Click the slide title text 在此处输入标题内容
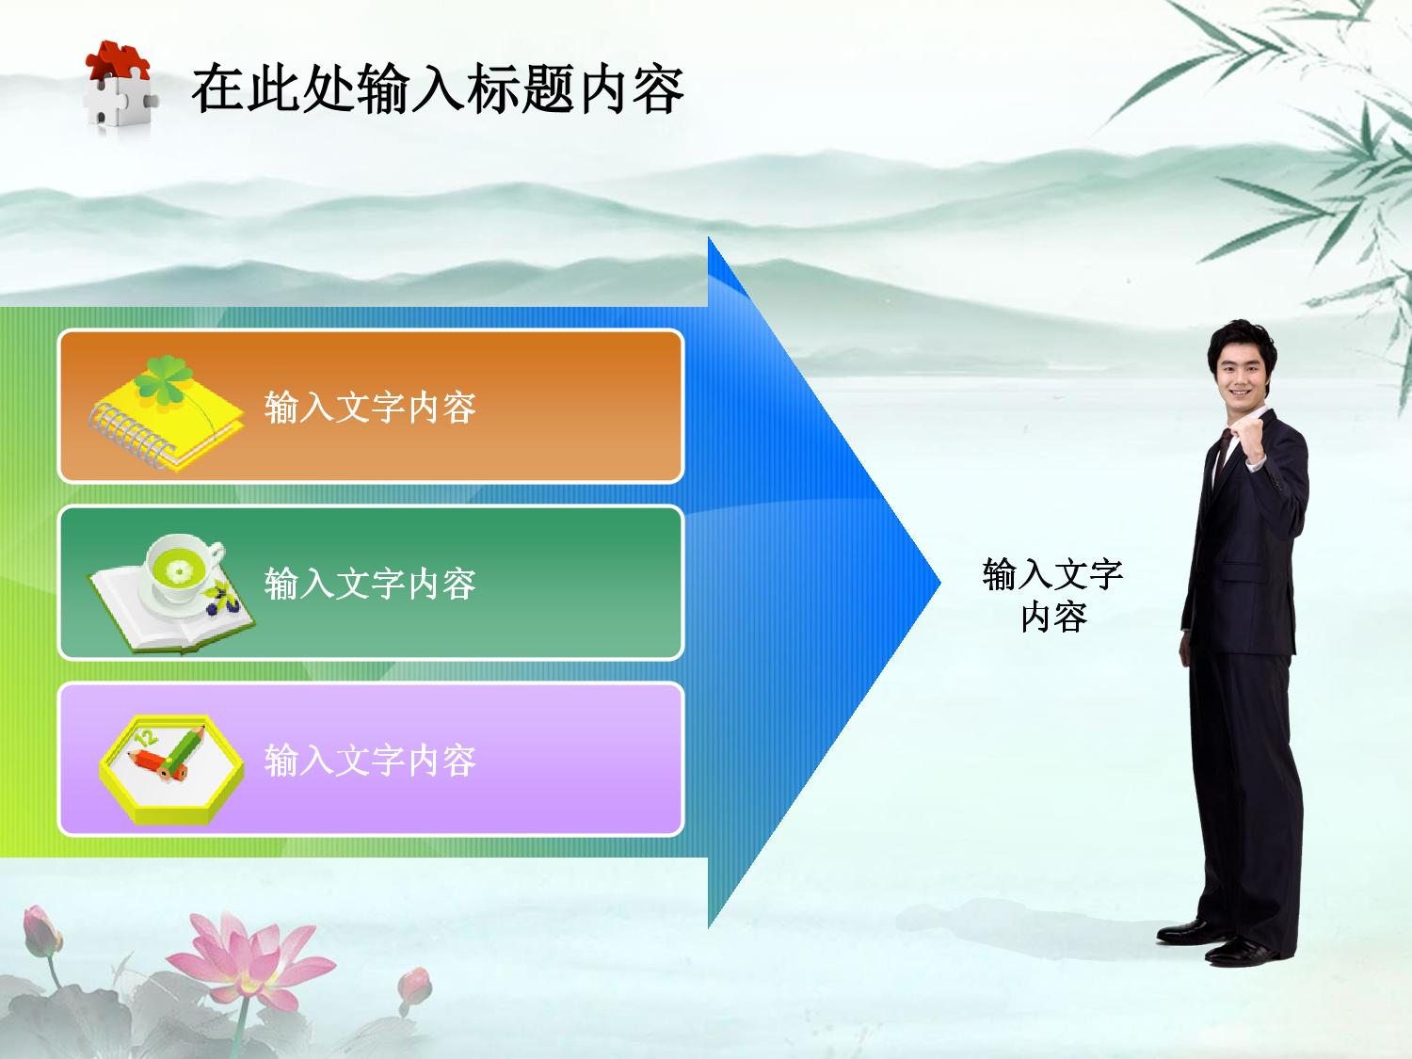[438, 88]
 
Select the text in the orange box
[370, 408]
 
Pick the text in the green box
[370, 584]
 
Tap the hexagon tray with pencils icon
[171, 769]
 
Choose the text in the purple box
[370, 760]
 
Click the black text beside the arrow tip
[1052, 596]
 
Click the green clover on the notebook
[165, 380]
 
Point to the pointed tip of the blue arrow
[939, 583]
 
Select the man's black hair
[1241, 341]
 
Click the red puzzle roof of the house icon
[118, 60]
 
